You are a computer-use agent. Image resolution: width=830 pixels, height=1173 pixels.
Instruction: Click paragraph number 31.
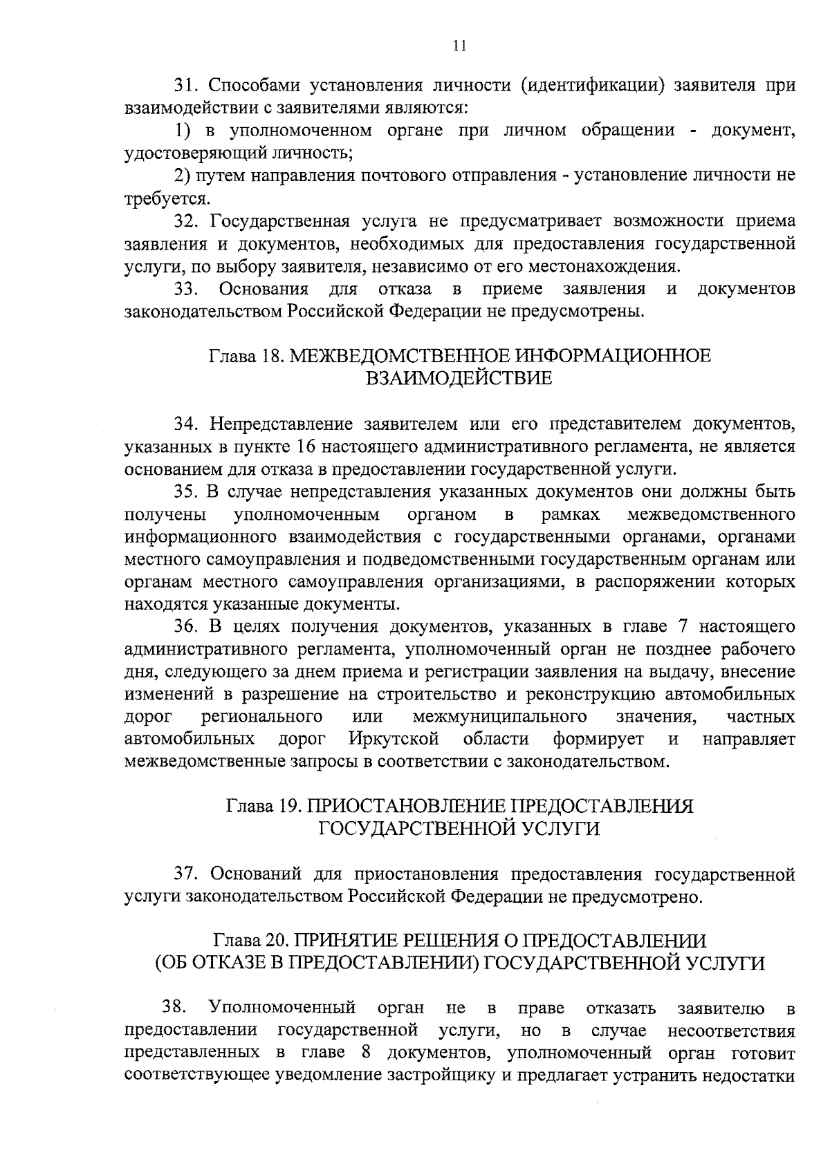(185, 86)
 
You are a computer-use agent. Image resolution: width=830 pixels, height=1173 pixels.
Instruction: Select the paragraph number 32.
(185, 221)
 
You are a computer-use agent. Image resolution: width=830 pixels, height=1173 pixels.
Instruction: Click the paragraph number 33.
(186, 288)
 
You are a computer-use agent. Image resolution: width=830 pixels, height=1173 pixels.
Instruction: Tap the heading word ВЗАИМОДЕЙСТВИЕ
(459, 379)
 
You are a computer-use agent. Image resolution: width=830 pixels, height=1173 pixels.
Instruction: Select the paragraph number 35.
(185, 491)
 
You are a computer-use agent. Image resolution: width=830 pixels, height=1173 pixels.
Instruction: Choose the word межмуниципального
(499, 717)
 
